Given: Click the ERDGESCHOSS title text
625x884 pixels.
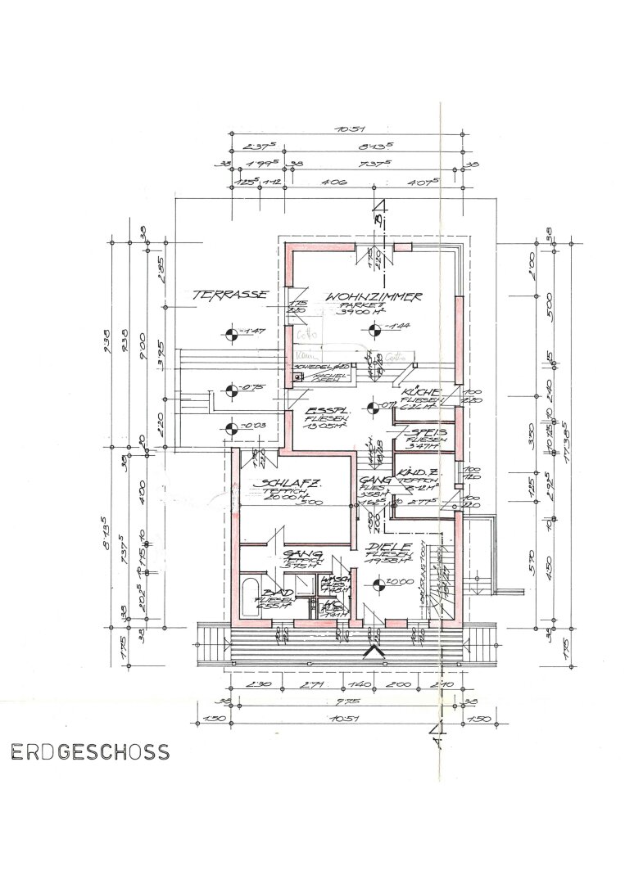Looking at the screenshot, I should (90, 751).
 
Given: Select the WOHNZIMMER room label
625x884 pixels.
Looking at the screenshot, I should (373, 295).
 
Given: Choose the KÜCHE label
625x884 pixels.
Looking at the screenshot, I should (422, 394).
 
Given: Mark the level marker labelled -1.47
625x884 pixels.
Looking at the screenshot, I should (230, 331).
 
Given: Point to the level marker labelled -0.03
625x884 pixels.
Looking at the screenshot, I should (230, 426).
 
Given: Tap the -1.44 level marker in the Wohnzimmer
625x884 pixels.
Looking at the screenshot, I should (375, 330).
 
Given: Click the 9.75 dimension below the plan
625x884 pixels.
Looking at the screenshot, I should (337, 701).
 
